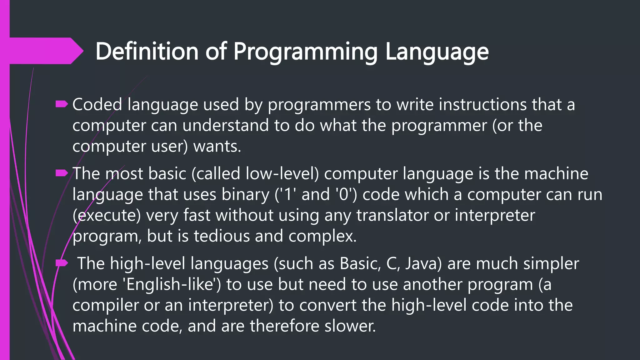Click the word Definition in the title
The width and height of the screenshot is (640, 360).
click(147, 51)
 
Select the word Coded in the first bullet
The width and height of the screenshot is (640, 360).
click(97, 104)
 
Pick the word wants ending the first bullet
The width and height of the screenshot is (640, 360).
click(217, 146)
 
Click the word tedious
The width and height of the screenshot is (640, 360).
click(222, 236)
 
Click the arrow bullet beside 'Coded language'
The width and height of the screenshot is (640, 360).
click(62, 104)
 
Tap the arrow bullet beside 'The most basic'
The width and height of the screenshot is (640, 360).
click(62, 173)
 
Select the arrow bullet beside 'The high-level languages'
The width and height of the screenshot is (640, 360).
click(62, 263)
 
